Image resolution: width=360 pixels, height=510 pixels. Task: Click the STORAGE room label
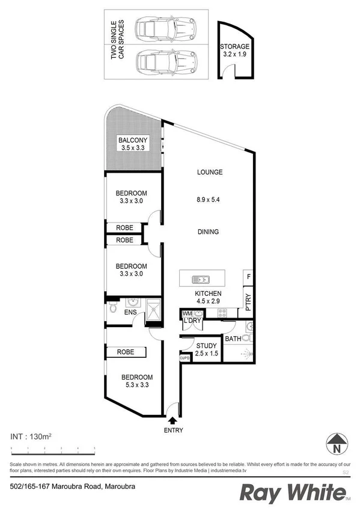(234, 46)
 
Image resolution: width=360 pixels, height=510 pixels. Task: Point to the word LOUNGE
(210, 173)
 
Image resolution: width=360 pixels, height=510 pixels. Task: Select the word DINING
(208, 232)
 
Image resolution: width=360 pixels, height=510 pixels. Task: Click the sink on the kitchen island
(200, 280)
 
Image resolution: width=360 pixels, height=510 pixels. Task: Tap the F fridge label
(248, 277)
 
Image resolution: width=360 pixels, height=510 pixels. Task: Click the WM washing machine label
(187, 313)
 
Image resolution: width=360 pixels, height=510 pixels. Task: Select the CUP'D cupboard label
(185, 358)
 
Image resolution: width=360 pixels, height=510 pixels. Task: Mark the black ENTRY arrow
(173, 421)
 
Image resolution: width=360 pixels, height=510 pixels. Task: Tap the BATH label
(233, 339)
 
